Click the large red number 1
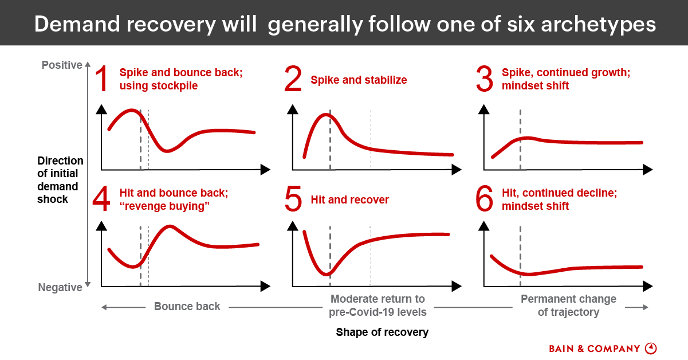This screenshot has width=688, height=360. click(x=101, y=80)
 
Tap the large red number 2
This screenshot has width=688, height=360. click(x=293, y=80)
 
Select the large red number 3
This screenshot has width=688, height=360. click(x=484, y=80)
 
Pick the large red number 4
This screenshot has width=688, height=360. click(x=101, y=199)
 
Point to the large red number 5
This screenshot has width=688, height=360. click(x=293, y=199)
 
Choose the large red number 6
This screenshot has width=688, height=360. click(x=484, y=199)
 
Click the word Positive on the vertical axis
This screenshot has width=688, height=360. click(x=62, y=65)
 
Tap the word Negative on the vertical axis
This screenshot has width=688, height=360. click(x=60, y=288)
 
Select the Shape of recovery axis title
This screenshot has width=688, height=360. click(x=382, y=332)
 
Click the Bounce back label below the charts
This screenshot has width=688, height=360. click(x=187, y=306)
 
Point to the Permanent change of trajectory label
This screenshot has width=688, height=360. click(x=568, y=306)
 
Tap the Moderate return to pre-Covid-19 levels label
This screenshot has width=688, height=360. click(x=378, y=306)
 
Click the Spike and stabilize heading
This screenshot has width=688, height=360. click(x=359, y=80)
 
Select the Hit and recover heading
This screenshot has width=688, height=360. click(x=349, y=200)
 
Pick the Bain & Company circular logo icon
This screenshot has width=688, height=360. click(x=651, y=349)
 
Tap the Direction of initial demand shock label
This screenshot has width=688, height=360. click(x=60, y=180)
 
